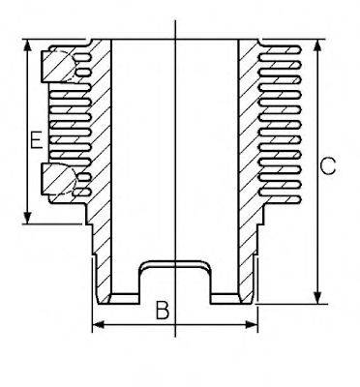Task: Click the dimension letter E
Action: (34, 141)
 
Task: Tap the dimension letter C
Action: (328, 165)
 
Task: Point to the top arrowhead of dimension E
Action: (26, 47)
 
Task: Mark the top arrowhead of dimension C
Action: (316, 47)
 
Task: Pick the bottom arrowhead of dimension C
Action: (316, 296)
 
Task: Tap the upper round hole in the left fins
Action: (59, 65)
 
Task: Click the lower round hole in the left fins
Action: (59, 180)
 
